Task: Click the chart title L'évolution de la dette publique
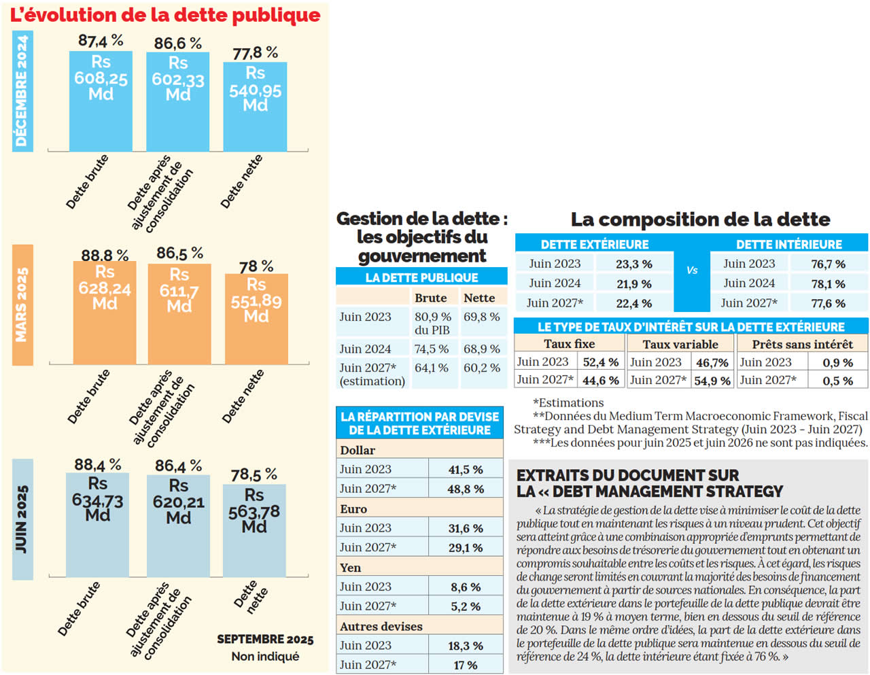pyautogui.click(x=165, y=15)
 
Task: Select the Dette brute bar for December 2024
pyautogui.click(x=101, y=102)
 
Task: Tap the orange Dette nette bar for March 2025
pyautogui.click(x=256, y=319)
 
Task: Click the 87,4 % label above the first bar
pyautogui.click(x=101, y=41)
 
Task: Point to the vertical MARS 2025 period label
pyautogui.click(x=22, y=305)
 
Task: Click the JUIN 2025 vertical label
pyautogui.click(x=22, y=519)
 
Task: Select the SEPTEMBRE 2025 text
pyautogui.click(x=265, y=640)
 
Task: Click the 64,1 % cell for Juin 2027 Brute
pyautogui.click(x=432, y=368)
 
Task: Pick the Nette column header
pyautogui.click(x=479, y=298)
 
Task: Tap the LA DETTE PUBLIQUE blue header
pyautogui.click(x=421, y=277)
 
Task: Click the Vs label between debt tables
pyautogui.click(x=692, y=271)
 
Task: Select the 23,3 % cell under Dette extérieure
pyautogui.click(x=633, y=264)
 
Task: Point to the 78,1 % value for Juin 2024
pyautogui.click(x=828, y=284)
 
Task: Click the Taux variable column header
pyautogui.click(x=680, y=345)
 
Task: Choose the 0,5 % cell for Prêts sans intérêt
pyautogui.click(x=837, y=381)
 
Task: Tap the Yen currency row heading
pyautogui.click(x=351, y=568)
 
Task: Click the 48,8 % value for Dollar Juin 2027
pyautogui.click(x=466, y=489)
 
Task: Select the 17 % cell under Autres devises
pyautogui.click(x=466, y=665)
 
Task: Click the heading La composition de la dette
pyautogui.click(x=700, y=220)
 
